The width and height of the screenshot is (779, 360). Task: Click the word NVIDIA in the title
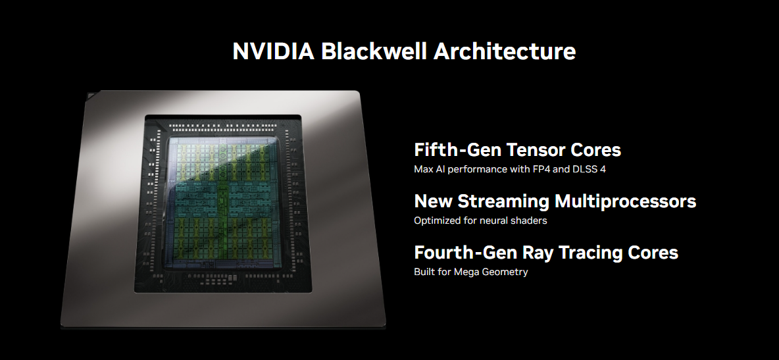point(273,51)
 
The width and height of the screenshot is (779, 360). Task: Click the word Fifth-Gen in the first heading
point(451,149)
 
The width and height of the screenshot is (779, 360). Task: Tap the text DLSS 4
point(587,169)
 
